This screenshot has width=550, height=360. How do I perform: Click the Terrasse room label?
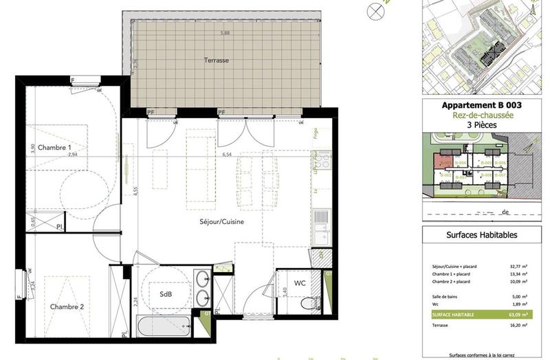(x=216, y=60)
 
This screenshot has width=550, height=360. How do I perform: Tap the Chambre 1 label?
(x=54, y=148)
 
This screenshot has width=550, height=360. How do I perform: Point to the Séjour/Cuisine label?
(x=221, y=222)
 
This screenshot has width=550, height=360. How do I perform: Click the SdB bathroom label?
(x=166, y=294)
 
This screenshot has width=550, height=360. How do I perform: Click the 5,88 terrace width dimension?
(x=225, y=33)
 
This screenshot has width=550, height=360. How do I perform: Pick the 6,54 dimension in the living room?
(x=226, y=155)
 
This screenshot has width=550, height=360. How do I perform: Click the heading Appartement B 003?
(x=481, y=105)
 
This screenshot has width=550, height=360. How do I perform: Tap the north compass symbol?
(x=375, y=10)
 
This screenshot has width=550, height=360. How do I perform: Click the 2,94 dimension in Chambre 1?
(x=74, y=155)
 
